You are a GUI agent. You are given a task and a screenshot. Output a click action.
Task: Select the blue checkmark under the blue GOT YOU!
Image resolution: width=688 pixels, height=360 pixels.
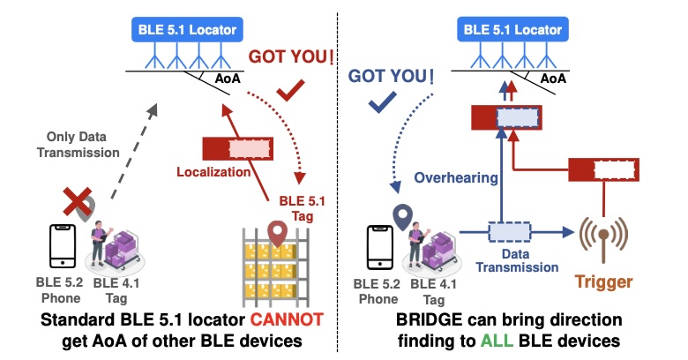click(381, 104)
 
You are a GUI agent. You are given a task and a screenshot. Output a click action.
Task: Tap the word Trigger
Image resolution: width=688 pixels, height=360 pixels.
click(604, 283)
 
